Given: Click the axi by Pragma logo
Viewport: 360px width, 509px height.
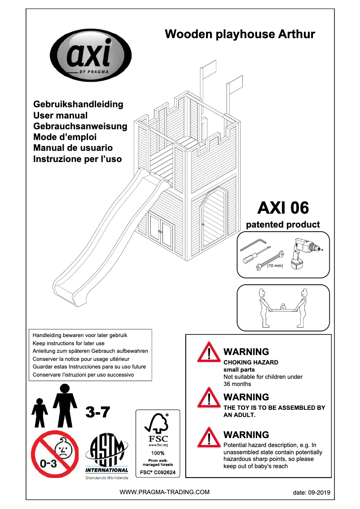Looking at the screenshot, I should pos(90,57).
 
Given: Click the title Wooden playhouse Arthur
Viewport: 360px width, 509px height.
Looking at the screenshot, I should pos(240,34).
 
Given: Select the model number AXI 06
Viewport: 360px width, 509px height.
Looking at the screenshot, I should pos(283,208).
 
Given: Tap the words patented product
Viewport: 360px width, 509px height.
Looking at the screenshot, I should pos(283,224).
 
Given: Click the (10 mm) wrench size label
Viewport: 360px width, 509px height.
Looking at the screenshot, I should pos(275,266).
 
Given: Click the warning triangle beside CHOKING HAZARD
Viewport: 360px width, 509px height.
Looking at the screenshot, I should pos(208,352).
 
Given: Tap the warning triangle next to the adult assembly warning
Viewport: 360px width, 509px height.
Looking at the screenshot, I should pos(208,398).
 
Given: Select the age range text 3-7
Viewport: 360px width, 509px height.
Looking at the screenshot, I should pos(98,412).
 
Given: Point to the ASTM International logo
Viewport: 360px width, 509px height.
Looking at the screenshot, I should pos(107,458).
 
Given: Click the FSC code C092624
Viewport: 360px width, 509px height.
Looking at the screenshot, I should pos(158,473).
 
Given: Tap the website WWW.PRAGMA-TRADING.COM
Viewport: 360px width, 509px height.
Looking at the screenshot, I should pos(164,492).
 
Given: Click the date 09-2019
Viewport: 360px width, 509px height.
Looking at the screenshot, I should pos(312,492).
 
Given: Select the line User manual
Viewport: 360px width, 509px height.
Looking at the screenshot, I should pos(61,115).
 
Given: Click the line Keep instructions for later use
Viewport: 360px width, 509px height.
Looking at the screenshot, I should pos(69,343).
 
